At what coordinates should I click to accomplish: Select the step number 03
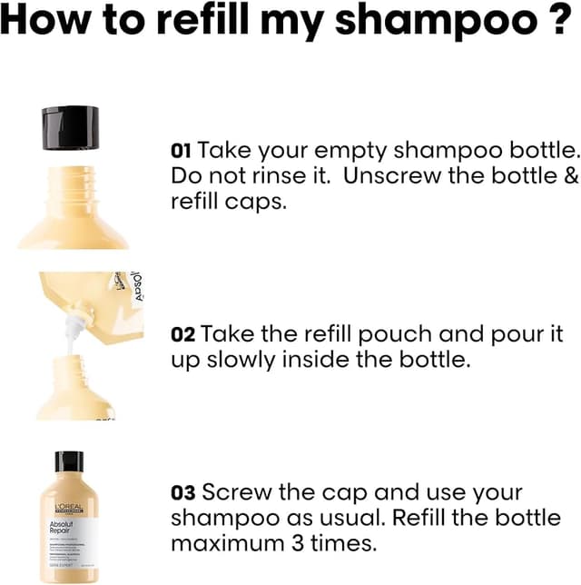(x=183, y=493)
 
